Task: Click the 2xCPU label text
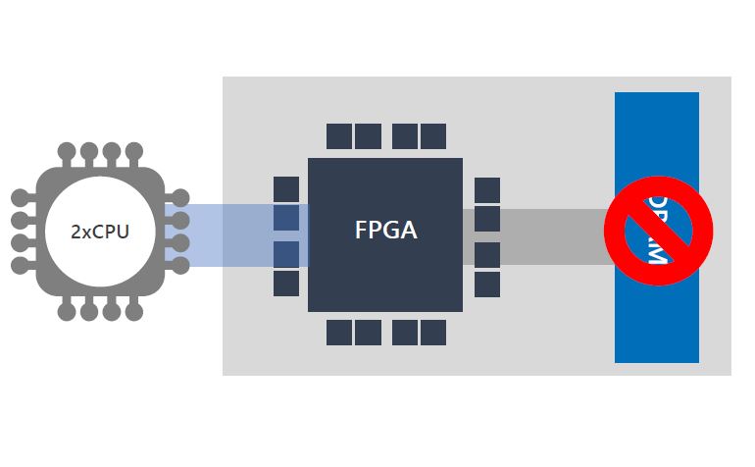tap(100, 233)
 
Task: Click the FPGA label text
tap(385, 231)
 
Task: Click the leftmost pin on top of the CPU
tap(67, 153)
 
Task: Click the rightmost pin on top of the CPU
tap(134, 153)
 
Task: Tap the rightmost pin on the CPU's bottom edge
tap(134, 311)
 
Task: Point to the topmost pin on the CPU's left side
tap(21, 198)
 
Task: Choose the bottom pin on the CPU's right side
tap(180, 266)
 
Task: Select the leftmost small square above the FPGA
tap(339, 135)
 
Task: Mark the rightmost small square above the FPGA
tap(433, 135)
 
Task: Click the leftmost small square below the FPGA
tap(339, 333)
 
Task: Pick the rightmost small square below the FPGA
tap(433, 333)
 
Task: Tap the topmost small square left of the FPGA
tap(286, 188)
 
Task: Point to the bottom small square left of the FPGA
tap(286, 283)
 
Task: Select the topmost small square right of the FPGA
tap(487, 189)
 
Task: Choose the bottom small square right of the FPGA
tap(487, 284)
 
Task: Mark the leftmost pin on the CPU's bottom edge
tap(67, 311)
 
